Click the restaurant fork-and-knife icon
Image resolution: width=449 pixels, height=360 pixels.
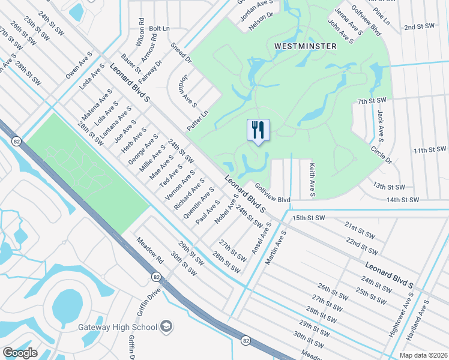coord(258,129)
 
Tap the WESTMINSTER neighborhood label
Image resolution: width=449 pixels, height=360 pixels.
coord(300,46)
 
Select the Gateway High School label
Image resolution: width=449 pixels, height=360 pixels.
coord(118,328)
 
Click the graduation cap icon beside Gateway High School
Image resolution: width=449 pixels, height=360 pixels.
coord(167,327)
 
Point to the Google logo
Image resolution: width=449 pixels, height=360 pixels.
coord(20,352)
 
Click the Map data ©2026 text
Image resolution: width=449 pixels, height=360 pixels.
coord(424,355)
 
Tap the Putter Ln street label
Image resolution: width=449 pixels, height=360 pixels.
coord(197,121)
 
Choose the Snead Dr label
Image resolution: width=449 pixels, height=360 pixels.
coord(180,53)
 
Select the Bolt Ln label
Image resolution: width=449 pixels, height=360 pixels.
coord(159,28)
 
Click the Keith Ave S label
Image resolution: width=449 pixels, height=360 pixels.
coord(312,180)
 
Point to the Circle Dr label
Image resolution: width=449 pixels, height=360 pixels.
coord(381,155)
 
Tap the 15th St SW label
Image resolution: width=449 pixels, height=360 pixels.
coord(308,217)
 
